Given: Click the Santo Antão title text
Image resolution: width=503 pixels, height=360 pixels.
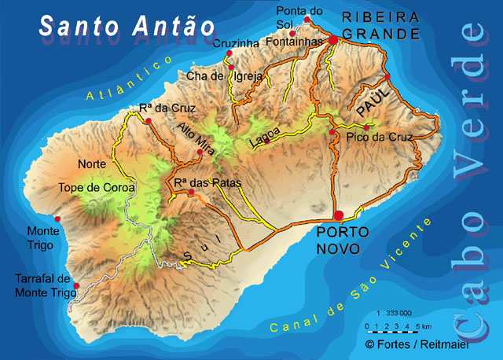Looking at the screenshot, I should [x=127, y=26].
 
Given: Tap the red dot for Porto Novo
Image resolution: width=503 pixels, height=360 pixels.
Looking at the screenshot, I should [x=339, y=215].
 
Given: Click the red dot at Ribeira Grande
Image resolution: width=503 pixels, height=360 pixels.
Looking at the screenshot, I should [x=332, y=39].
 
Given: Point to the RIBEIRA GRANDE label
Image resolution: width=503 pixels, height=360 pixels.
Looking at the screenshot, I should [x=380, y=25].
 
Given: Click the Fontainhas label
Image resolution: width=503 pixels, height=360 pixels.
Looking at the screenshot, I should [x=298, y=46].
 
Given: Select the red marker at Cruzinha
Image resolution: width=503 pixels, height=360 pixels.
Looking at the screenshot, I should [x=229, y=53].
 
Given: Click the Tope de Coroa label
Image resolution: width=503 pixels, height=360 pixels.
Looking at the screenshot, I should [x=97, y=188].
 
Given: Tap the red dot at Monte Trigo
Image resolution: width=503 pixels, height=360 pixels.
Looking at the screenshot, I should [x=57, y=219].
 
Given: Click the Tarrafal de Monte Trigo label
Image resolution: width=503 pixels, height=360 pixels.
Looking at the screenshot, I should [x=46, y=286].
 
